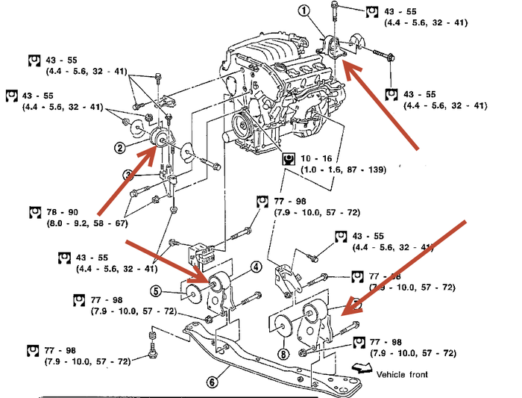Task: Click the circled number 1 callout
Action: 304,10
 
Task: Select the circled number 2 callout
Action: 120,148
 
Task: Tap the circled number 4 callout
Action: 256,267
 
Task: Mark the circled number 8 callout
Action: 283,354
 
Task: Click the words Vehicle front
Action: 403,374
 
